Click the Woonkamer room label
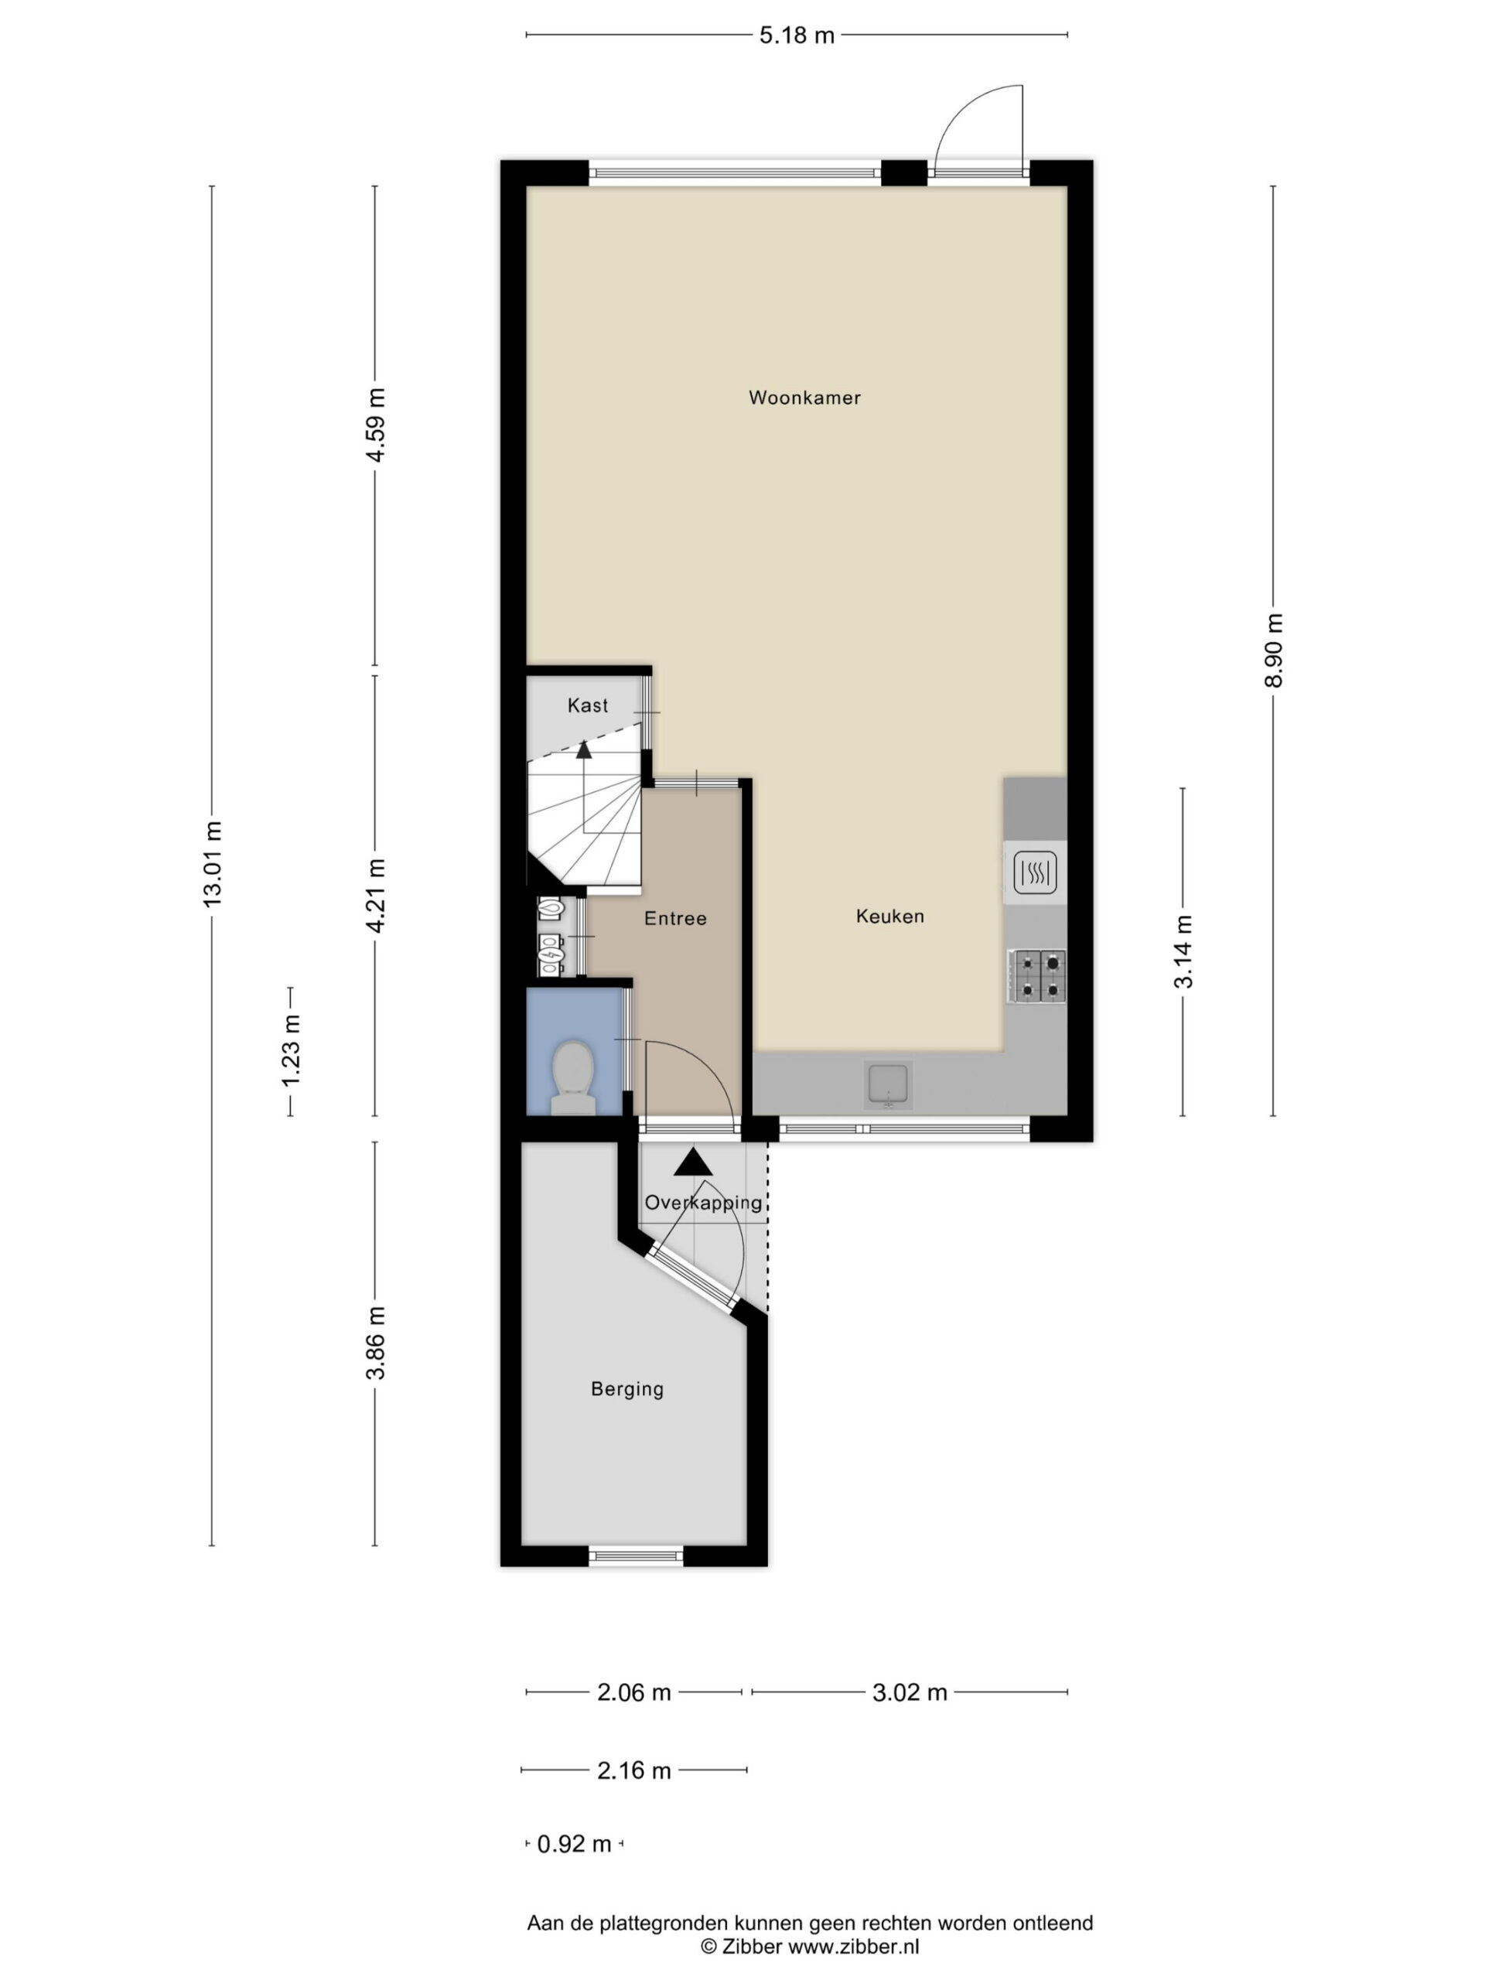(804, 398)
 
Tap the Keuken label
(889, 916)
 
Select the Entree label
(676, 918)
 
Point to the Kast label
(588, 705)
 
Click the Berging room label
(627, 1389)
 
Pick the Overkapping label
(704, 1203)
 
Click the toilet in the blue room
(574, 1077)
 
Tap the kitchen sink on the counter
(889, 1085)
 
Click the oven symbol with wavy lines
(1036, 872)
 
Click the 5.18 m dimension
(797, 35)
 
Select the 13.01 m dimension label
(212, 863)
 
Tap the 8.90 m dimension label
(1274, 650)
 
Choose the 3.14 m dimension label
(1183, 951)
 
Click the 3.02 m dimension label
(910, 1692)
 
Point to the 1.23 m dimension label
(291, 1051)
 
